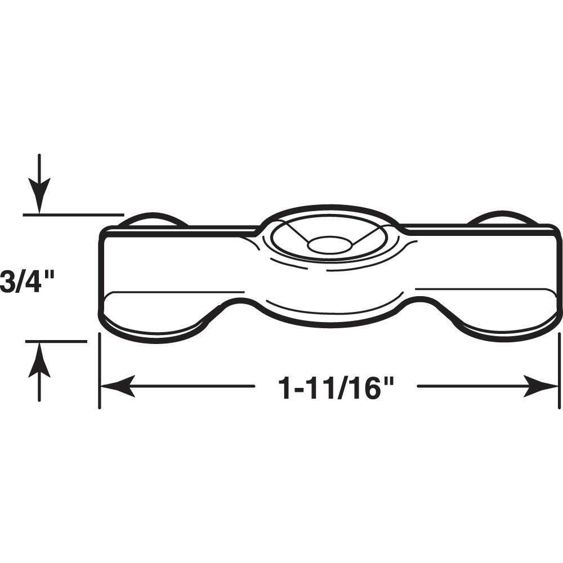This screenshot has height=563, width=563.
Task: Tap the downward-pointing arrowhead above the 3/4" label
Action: [x=39, y=197]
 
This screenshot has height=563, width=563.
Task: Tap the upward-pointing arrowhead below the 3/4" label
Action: [x=39, y=359]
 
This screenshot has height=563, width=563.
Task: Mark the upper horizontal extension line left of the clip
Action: [x=73, y=214]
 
